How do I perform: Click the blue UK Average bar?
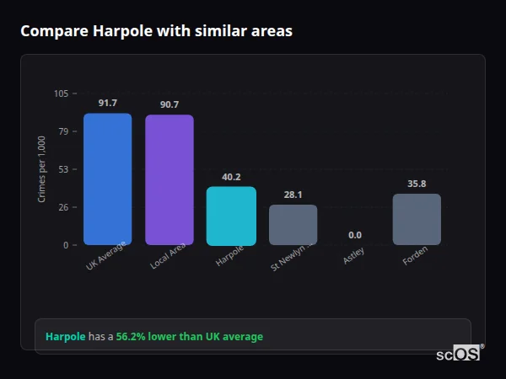[x=107, y=179]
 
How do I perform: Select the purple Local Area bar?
[x=169, y=179]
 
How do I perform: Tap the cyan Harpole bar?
[x=231, y=216]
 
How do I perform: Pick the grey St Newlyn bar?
[x=293, y=224]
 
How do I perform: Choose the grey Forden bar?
[x=417, y=219]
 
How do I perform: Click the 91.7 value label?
[x=107, y=103]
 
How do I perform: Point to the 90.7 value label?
[x=169, y=104]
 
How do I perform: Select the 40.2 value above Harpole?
[x=231, y=177]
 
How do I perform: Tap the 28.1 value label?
[x=293, y=195]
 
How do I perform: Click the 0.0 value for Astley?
[x=354, y=235]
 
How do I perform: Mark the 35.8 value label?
[x=417, y=184]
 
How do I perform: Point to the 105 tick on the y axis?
[x=61, y=93]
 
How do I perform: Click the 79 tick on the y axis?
[x=63, y=131]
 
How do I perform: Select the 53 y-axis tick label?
[x=63, y=169]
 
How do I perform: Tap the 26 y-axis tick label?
[x=63, y=207]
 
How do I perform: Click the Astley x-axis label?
[x=355, y=257]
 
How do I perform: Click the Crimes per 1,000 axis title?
[x=41, y=169]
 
